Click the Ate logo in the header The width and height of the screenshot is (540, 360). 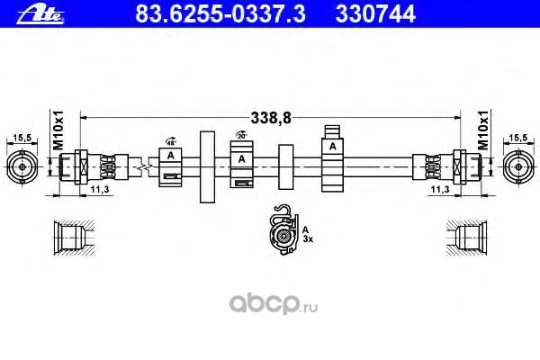pos(36,13)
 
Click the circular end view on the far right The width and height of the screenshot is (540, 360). pos(517,166)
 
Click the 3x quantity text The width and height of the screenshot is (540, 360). pos(308,240)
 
